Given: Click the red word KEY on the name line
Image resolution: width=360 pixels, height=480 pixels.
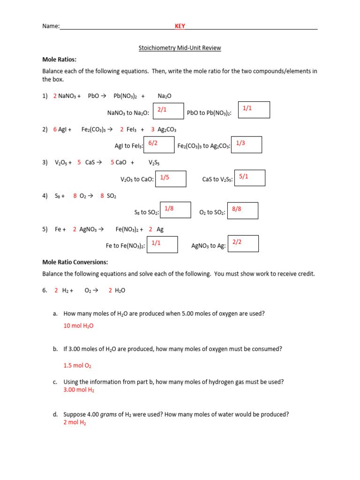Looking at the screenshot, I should pos(180,26).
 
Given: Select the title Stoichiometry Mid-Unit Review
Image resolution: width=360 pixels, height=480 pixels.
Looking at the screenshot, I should pos(180,48).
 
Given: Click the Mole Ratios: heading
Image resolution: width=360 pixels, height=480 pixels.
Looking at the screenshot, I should pos(60,60).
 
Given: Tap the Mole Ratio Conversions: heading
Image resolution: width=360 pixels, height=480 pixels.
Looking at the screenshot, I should pos(75,262).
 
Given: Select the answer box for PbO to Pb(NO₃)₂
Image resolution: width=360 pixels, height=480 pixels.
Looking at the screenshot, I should pos(254,110).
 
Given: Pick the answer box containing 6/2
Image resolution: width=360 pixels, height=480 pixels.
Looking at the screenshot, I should pos(159,145).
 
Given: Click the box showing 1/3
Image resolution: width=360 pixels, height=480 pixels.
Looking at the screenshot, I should pos(247,145).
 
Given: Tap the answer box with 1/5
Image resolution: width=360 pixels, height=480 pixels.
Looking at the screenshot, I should pos(171,179).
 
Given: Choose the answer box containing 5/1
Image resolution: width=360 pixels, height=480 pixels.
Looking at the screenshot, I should pos(249,178).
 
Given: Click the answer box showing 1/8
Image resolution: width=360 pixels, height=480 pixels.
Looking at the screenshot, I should pos(175,210).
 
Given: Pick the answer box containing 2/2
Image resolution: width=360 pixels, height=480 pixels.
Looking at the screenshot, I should pos(243,244).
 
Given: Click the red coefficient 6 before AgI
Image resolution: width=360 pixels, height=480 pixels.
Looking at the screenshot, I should pos(55,129).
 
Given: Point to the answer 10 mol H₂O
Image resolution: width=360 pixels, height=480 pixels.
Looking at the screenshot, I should pos(78,326).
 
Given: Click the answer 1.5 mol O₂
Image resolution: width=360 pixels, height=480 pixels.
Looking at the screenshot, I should pos(77,366).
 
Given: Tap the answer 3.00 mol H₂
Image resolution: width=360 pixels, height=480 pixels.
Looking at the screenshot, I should pos(79,390).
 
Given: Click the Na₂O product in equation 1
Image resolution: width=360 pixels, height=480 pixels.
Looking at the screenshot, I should pos(165,96).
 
